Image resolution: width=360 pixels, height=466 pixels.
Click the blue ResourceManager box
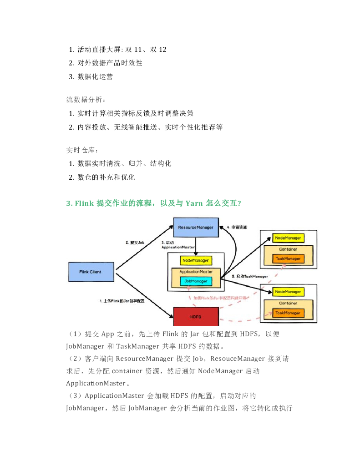tap(195, 228)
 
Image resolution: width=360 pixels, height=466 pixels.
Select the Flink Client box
tap(90, 272)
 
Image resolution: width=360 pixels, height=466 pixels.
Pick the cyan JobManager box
tap(196, 281)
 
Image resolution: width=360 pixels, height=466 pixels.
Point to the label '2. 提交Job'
tap(135, 243)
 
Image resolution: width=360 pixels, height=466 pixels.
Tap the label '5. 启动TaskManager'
tap(249, 276)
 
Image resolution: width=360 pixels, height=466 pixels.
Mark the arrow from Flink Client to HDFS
tap(145, 294)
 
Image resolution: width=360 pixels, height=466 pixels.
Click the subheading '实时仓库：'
tap(82, 150)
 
